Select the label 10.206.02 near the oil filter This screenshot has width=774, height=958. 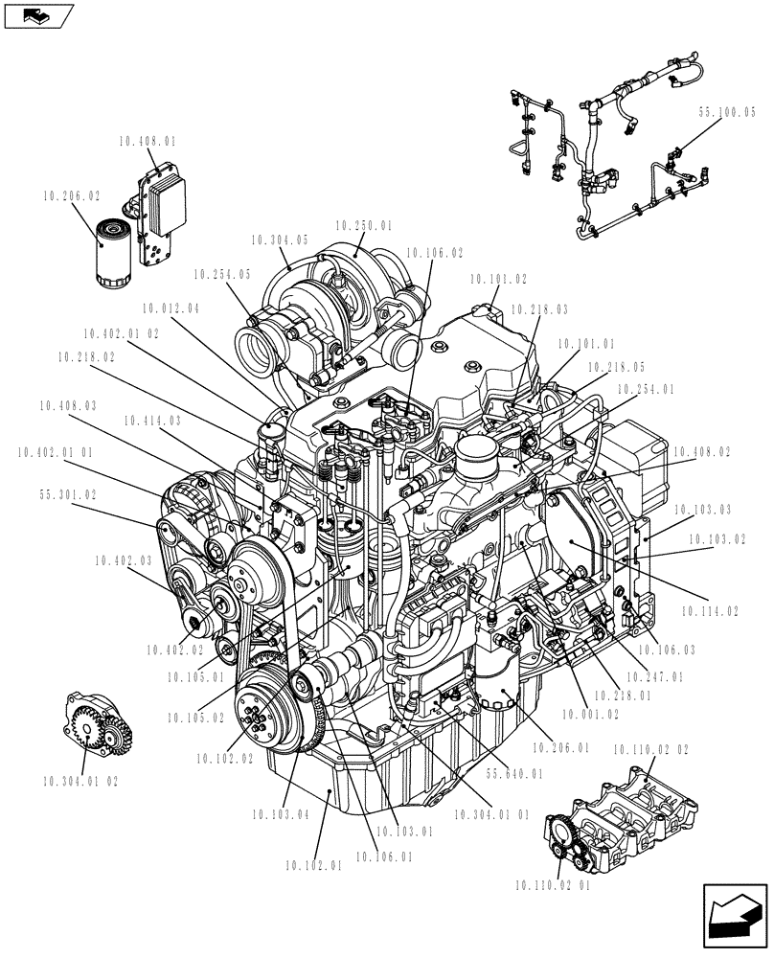[71, 195]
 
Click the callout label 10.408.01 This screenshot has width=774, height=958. [148, 141]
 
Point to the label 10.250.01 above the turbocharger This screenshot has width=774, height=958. [364, 226]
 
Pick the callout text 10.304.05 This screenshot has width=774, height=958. [280, 239]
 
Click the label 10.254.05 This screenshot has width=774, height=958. [221, 274]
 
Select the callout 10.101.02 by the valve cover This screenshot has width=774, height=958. [498, 280]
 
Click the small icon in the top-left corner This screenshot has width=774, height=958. [38, 14]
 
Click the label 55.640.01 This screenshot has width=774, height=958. [513, 774]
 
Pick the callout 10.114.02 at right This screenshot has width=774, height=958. [710, 610]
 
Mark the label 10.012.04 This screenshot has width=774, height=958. [171, 308]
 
